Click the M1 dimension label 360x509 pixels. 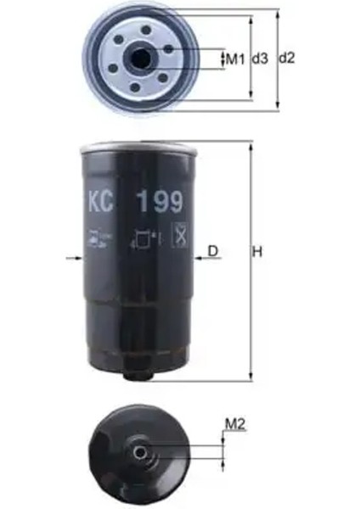pos(235,59)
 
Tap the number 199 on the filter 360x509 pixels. pos(156,204)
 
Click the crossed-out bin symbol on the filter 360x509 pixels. pos(178,235)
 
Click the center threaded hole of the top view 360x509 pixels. pos(139,59)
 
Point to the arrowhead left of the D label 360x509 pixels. pos(199,258)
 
